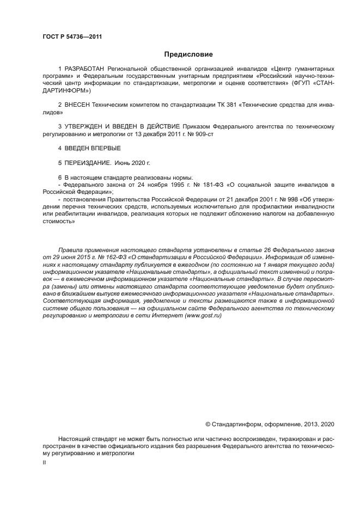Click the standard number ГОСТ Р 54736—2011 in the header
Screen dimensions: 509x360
72,37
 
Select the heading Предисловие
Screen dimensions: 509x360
188,54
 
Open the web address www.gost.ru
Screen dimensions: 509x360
203,316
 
